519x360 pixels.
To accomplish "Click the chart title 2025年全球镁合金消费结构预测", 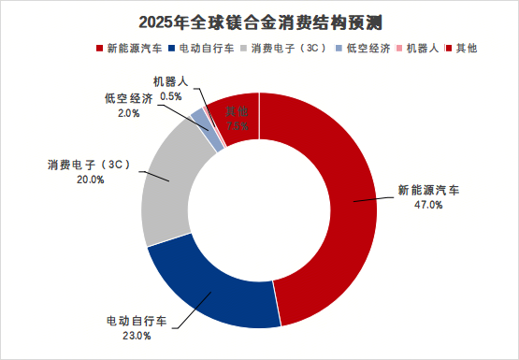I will pyautogui.click(x=260, y=21).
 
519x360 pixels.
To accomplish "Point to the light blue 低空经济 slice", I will pyautogui.click(x=197, y=116).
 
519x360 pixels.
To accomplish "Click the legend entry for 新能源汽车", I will pyautogui.click(x=131, y=47).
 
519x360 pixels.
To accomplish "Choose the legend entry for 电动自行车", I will pyautogui.click(x=207, y=47).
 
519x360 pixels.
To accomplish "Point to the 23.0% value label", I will pyautogui.click(x=137, y=337).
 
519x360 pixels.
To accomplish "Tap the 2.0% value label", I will pyautogui.click(x=129, y=113).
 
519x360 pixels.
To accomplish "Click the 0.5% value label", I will pyautogui.click(x=171, y=95).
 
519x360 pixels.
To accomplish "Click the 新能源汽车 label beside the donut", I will pyautogui.click(x=427, y=190).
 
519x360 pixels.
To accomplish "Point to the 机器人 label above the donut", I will pyautogui.click(x=172, y=81).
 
